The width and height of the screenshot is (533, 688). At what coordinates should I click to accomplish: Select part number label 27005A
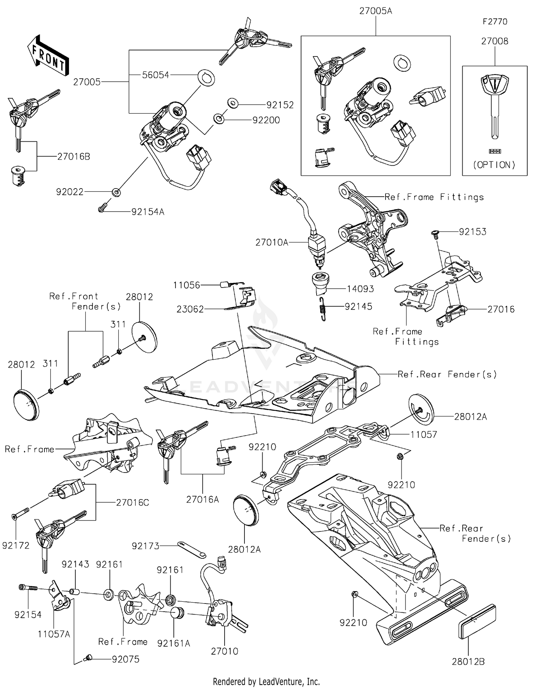coord(376,11)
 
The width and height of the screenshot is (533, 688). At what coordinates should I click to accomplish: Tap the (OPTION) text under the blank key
coord(494,165)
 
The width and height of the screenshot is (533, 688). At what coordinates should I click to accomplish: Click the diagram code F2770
coord(495,22)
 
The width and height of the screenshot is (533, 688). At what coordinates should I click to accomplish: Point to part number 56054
coord(155,75)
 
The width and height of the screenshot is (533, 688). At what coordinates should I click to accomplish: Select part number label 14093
coord(360,289)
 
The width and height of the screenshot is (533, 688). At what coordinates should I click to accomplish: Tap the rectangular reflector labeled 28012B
coord(477,621)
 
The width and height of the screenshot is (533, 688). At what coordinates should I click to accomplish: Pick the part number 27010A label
coord(272,242)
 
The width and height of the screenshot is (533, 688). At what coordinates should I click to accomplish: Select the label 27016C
coord(133,503)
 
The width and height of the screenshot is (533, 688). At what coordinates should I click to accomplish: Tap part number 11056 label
coord(187,285)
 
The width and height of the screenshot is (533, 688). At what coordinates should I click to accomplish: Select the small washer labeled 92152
coord(233,103)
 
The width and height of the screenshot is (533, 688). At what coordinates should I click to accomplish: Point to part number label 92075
coord(125,659)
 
